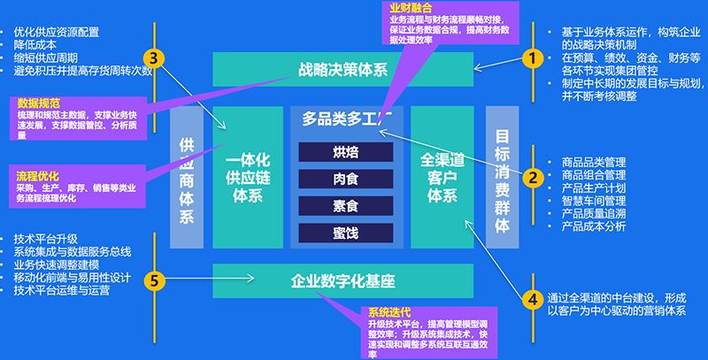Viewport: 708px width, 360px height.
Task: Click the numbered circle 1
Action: [532, 59]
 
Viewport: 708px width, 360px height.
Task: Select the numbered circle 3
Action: [154, 59]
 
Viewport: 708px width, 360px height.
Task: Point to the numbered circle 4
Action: [532, 299]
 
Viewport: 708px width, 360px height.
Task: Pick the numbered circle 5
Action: [154, 281]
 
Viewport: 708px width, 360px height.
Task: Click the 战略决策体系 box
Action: [342, 69]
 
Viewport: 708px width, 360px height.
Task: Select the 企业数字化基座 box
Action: [342, 281]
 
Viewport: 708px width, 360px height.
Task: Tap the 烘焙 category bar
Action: [346, 150]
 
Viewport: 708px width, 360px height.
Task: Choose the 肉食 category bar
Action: [346, 178]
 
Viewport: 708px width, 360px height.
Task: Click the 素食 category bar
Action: [346, 205]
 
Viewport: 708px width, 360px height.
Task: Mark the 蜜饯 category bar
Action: [346, 233]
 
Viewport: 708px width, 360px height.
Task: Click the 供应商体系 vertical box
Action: [187, 176]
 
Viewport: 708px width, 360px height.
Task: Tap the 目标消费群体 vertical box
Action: [502, 176]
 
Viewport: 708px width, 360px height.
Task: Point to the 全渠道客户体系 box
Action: [442, 176]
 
